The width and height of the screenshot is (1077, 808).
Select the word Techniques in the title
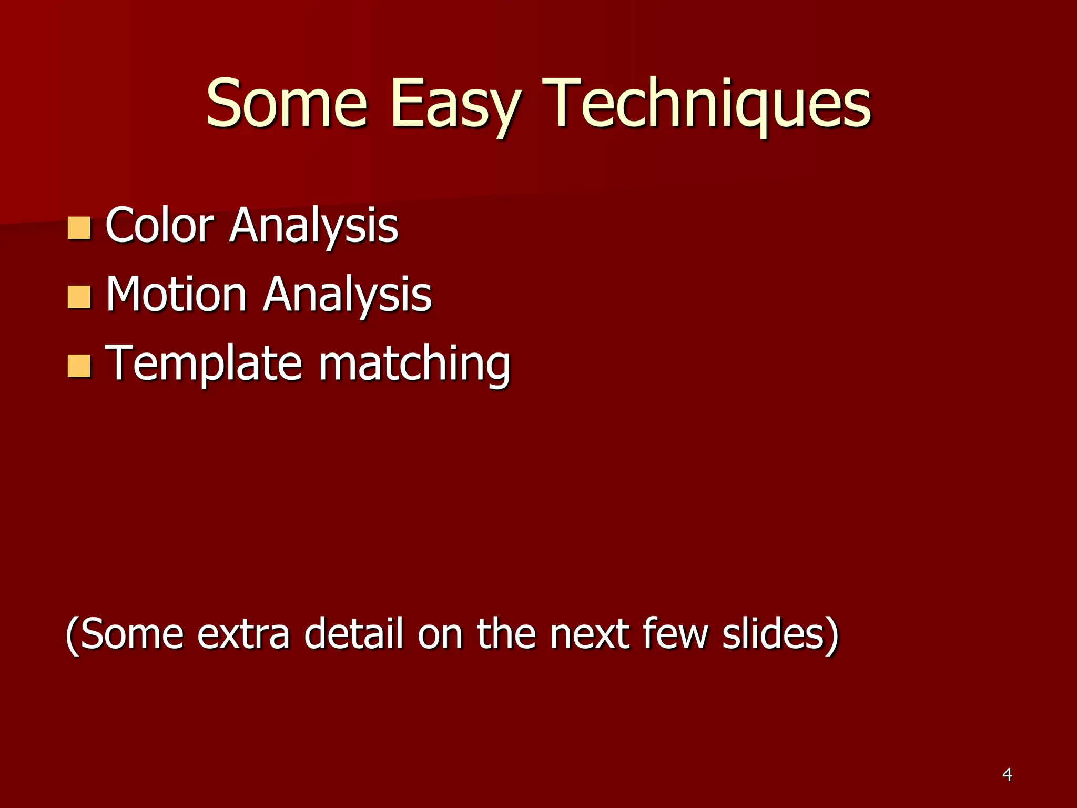click(707, 104)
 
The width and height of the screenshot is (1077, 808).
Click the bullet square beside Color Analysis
click(79, 228)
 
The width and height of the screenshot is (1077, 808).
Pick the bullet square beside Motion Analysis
click(79, 297)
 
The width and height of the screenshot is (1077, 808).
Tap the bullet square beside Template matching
click(79, 366)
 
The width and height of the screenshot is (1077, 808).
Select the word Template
click(204, 364)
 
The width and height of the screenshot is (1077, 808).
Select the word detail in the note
click(354, 633)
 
